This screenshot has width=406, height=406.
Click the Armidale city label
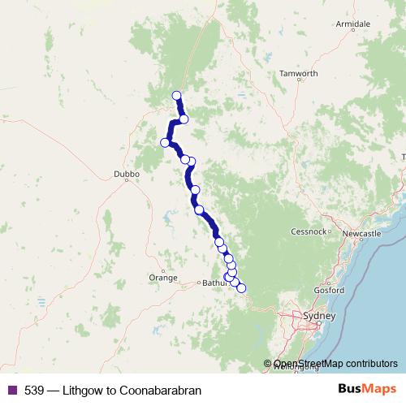pos(354,24)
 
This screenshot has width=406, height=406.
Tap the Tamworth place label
pos(298,73)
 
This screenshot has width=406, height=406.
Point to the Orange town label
pos(162,278)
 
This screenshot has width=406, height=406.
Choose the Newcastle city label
pos(361,234)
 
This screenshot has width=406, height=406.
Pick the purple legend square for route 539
pos(10,391)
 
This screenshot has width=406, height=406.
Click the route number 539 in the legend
pos(34,391)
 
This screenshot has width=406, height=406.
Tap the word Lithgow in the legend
pos(89,391)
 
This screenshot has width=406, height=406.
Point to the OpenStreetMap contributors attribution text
pos(335,363)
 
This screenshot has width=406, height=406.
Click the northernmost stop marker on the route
pos(177,96)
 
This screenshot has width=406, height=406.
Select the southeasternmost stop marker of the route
pos(240,288)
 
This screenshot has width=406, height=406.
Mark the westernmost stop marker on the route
pos(165,143)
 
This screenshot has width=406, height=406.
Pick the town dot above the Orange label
pos(163,270)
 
